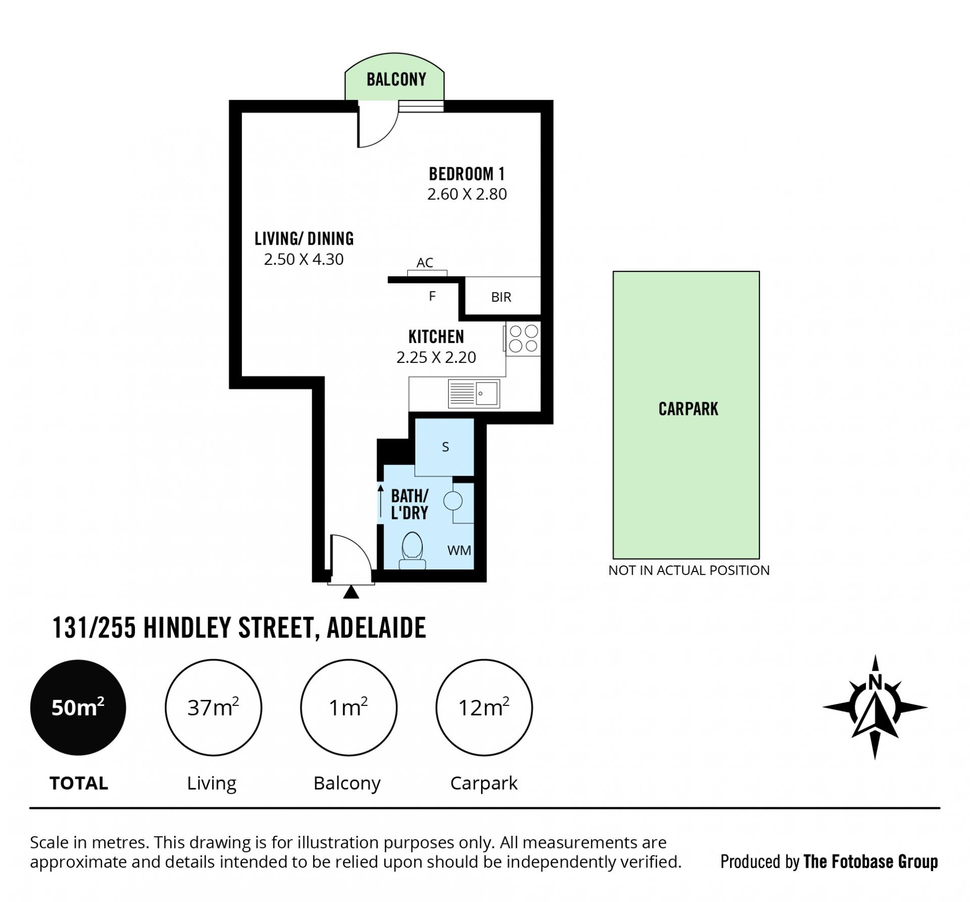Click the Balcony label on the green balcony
coord(396,79)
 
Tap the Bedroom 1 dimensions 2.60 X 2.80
coord(467,194)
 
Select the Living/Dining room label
coord(304,239)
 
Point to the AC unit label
coord(425,263)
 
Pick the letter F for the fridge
coord(432,296)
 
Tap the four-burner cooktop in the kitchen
coord(523,339)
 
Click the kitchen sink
coord(473,393)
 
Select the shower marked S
coord(445,447)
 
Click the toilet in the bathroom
coord(412,551)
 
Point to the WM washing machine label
coord(459,550)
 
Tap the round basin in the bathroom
coord(453,501)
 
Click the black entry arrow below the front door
coord(351,592)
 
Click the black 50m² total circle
coord(78,707)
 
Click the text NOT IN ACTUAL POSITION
coord(689,571)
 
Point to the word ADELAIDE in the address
coord(376,628)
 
